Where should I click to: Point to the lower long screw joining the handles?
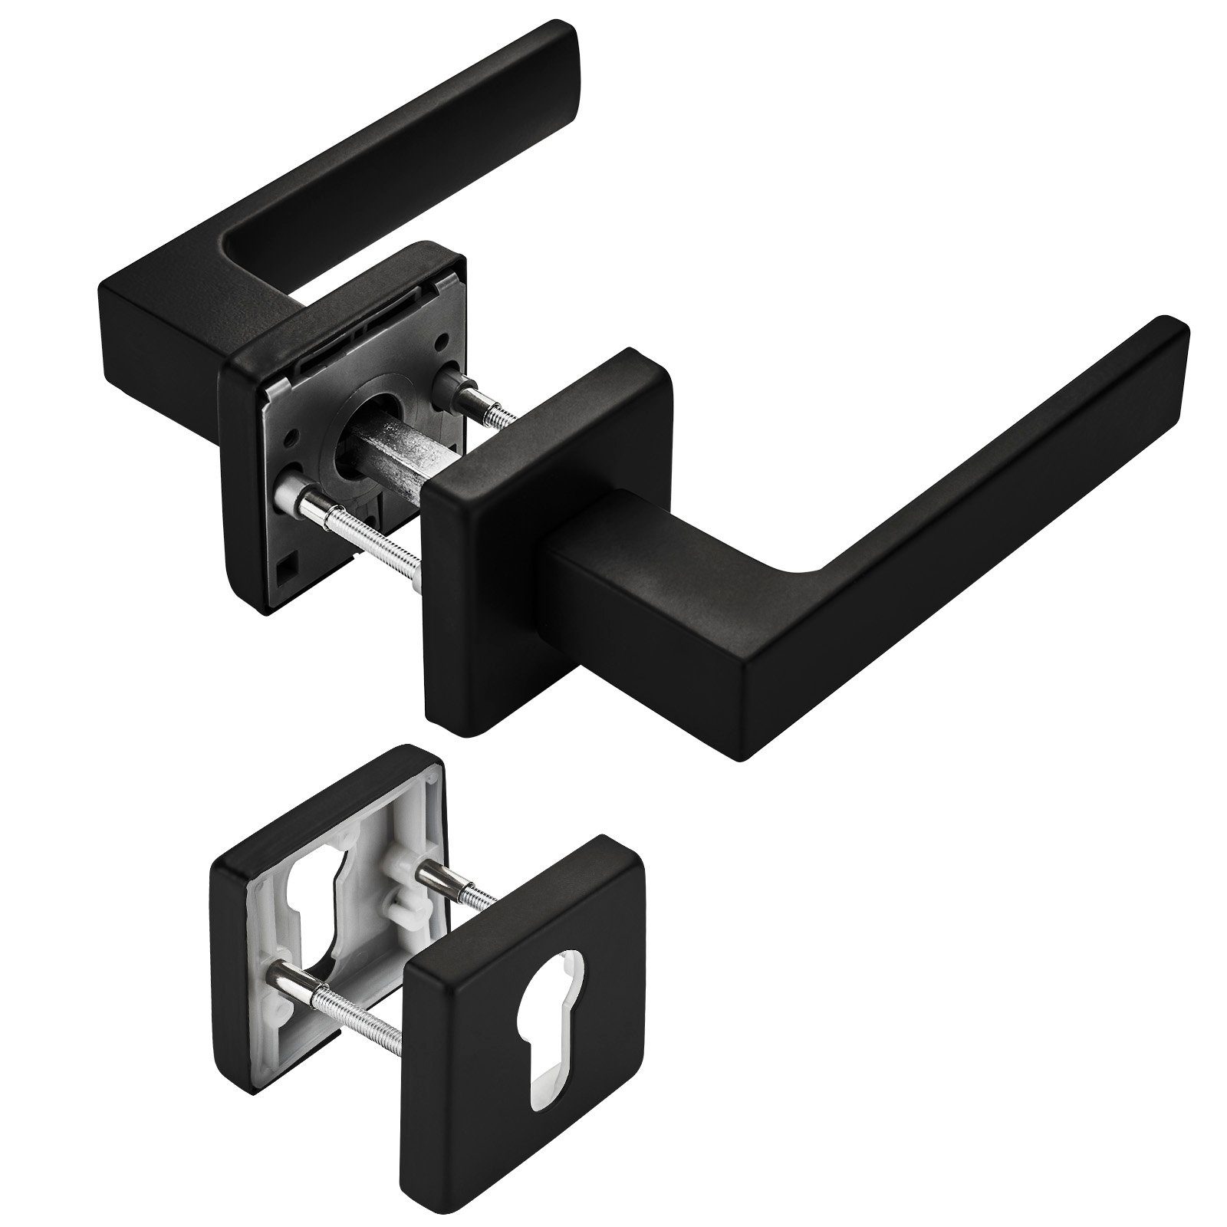pos(360,525)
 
